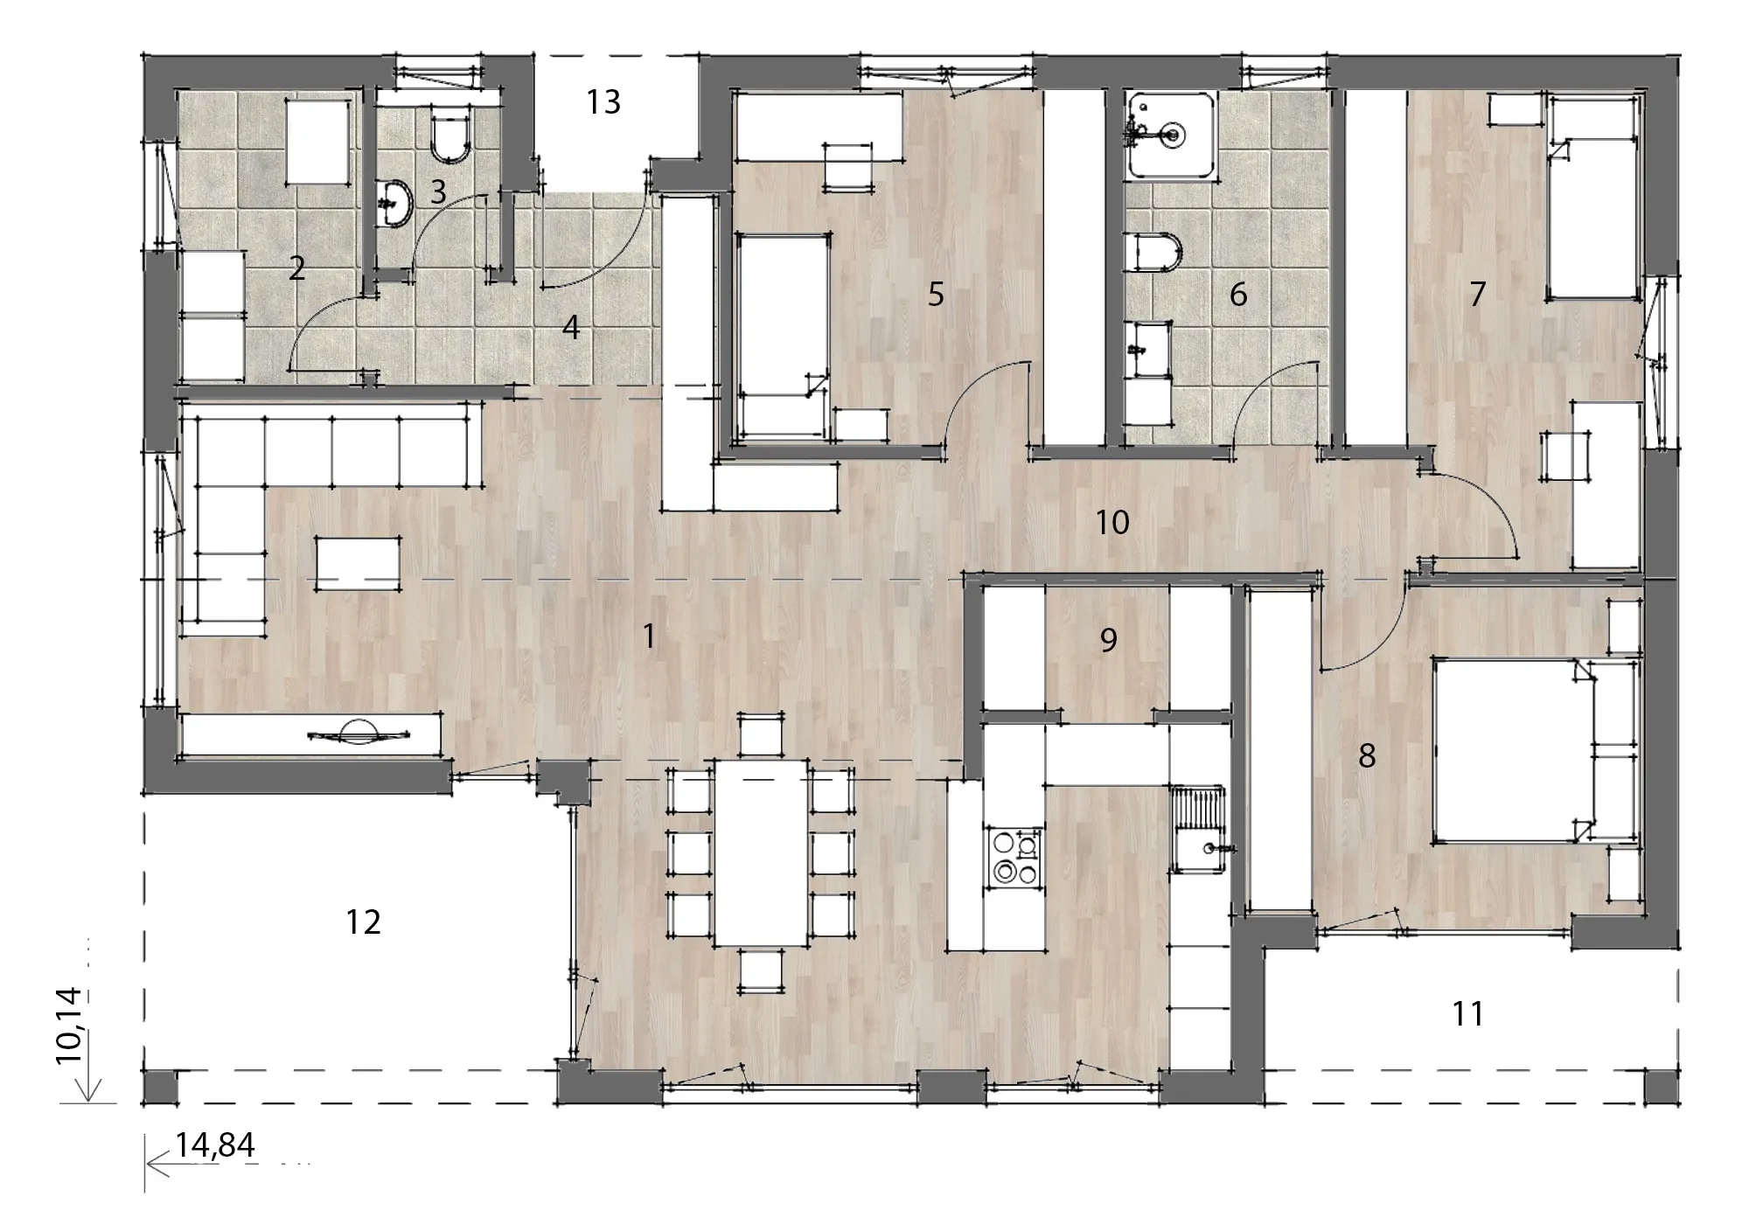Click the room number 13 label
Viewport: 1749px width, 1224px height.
603,102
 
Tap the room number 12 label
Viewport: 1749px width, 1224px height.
363,922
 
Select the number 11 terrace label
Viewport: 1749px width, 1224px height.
1467,1014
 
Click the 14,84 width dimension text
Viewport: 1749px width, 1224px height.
215,1144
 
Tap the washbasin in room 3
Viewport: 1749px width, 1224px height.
397,204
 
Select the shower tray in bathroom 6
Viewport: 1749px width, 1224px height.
1170,136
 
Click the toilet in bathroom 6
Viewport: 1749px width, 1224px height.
1154,252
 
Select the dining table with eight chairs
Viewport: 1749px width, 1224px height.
761,852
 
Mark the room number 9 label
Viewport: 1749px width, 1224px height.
1108,641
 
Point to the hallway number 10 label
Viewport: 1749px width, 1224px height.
1112,523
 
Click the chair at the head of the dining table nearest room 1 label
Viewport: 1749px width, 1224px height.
761,735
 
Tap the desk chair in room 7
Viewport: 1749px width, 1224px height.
1566,456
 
